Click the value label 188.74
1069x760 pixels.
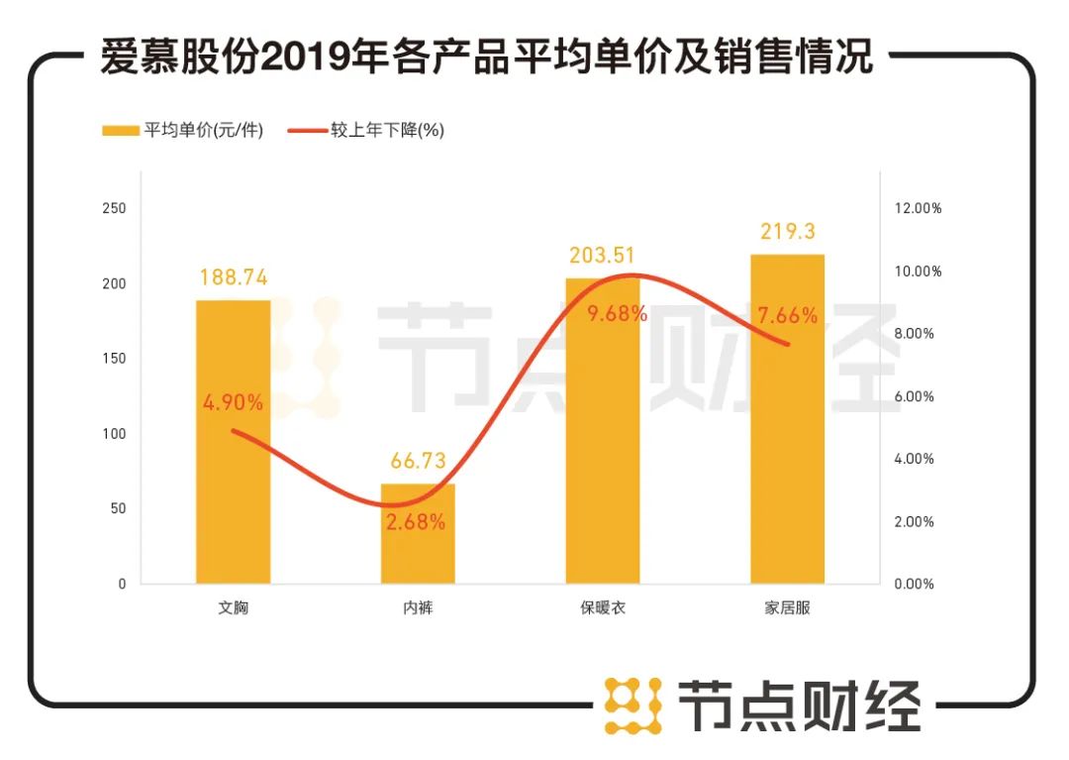233,277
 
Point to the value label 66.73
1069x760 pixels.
418,461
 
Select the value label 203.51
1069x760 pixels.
602,256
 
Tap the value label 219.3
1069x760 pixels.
788,231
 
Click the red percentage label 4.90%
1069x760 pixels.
233,402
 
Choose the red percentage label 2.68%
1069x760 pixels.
417,521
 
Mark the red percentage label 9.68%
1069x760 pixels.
617,314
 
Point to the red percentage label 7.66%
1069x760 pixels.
788,316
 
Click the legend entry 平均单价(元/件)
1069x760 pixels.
183,131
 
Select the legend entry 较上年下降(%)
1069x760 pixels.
366,131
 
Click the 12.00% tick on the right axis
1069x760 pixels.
918,208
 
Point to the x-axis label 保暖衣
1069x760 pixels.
602,607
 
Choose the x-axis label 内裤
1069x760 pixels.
418,607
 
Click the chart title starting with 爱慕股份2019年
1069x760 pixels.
486,58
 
